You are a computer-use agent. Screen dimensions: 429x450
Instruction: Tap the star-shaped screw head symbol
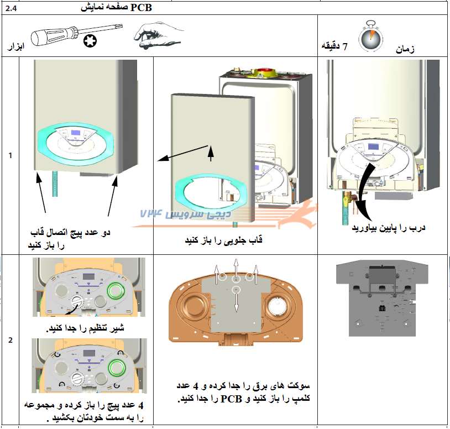91,40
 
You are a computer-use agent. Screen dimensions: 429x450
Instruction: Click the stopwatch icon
369,36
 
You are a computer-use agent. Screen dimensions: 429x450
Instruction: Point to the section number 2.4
11,8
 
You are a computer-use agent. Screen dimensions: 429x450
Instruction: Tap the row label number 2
10,340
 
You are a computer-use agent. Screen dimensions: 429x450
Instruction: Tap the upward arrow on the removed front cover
210,153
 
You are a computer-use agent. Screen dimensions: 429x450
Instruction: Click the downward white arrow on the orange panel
236,302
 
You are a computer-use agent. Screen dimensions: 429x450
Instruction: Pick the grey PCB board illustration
382,299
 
